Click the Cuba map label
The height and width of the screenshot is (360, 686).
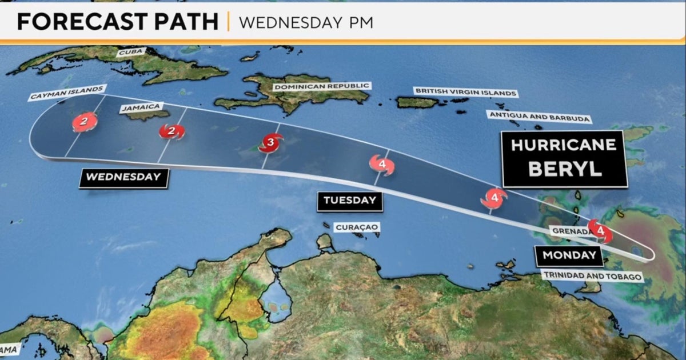(x=128, y=53)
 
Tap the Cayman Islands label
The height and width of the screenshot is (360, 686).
(x=67, y=93)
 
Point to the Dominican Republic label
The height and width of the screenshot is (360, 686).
(x=321, y=86)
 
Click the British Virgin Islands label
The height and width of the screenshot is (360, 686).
(x=465, y=92)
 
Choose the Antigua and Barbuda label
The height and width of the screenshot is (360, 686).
(x=538, y=116)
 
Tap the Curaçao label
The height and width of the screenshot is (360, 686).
(x=357, y=227)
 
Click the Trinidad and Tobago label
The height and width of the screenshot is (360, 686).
(x=592, y=277)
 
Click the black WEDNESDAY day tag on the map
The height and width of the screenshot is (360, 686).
(x=123, y=177)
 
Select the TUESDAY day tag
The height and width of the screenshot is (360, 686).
(x=350, y=200)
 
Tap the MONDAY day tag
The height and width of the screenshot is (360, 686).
(x=569, y=255)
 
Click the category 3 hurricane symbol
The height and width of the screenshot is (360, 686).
(x=271, y=142)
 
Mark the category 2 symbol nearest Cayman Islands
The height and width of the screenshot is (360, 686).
(x=84, y=122)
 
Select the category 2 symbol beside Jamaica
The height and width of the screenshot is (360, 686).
(x=171, y=132)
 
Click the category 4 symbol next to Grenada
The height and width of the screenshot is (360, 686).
(x=600, y=230)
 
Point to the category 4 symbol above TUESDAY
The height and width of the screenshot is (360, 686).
(x=381, y=165)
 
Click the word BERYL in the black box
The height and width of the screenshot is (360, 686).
(x=565, y=169)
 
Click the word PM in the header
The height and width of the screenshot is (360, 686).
(x=359, y=22)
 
